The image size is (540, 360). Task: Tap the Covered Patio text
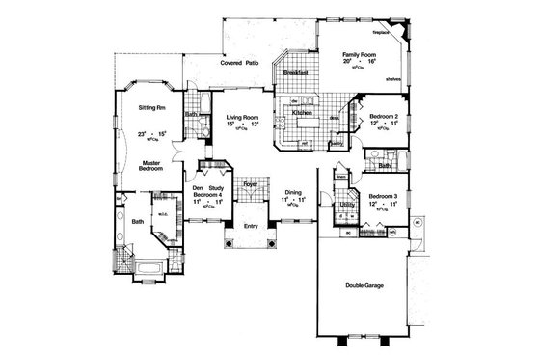click(239, 62)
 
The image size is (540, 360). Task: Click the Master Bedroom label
click(151, 167)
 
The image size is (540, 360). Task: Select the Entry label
click(251, 227)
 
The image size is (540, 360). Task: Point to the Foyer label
click(253, 182)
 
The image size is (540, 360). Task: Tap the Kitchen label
click(293, 114)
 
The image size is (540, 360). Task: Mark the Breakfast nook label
click(295, 73)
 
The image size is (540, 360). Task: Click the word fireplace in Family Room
click(382, 32)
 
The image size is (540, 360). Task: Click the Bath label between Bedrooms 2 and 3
click(384, 166)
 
